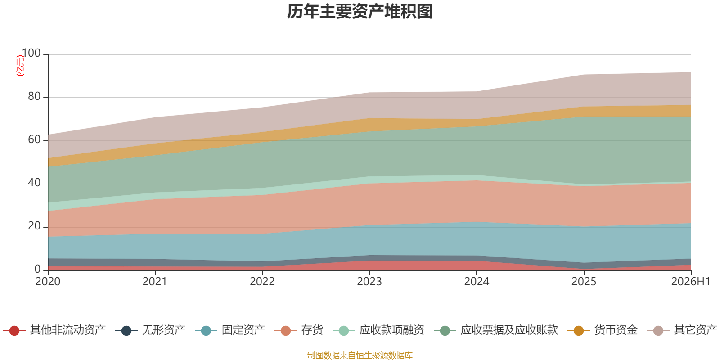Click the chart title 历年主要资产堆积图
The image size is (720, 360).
point(360,12)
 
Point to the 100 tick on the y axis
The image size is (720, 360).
point(31,53)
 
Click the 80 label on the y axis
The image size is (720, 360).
point(34,96)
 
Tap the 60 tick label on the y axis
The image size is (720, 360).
point(34,139)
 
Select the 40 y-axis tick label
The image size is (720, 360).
point(34,183)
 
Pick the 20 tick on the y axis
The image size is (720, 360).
point(34,226)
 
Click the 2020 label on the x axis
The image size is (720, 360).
point(48,282)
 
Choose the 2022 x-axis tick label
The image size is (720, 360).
point(262,282)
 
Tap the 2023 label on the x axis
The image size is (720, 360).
point(369,282)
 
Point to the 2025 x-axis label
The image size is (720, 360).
point(584,282)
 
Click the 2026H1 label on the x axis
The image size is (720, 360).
point(691,282)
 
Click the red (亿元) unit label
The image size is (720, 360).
point(20,66)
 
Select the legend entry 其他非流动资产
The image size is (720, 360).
point(54,330)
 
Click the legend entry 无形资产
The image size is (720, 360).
point(150,330)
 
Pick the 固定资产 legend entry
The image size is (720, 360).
point(230,330)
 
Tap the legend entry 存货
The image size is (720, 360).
point(299,330)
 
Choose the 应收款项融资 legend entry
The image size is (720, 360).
point(378,330)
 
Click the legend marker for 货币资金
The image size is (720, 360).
point(579,331)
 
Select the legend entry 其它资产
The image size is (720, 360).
point(682,330)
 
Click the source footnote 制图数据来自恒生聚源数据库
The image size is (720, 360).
point(360,355)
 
